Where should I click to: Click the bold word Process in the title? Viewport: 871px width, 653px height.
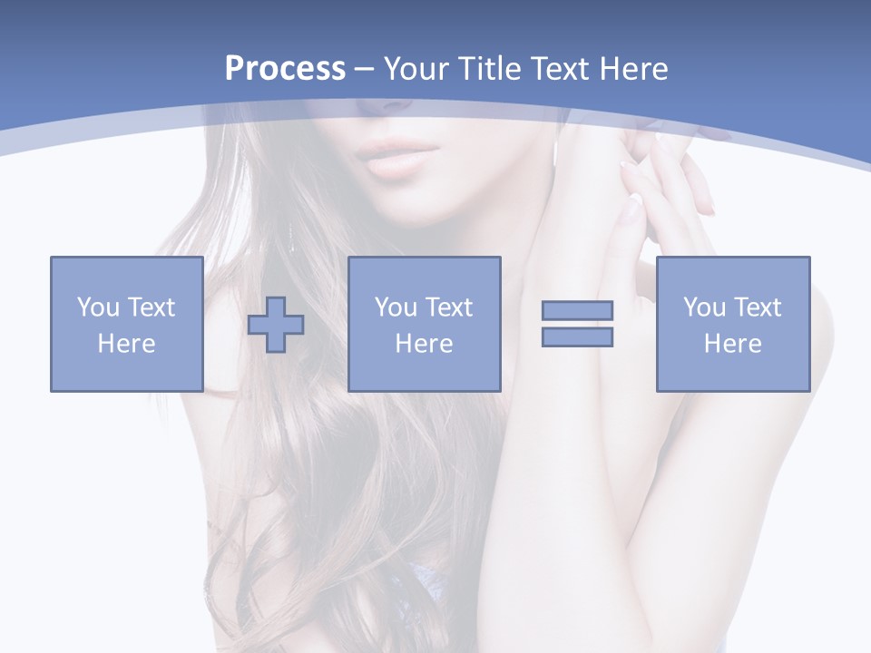[285, 69]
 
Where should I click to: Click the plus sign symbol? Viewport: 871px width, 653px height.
[276, 325]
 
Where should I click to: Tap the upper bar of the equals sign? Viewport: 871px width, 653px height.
[577, 311]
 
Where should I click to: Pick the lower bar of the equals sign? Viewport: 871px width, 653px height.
[577, 337]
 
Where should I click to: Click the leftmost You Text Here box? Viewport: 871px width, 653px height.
[126, 324]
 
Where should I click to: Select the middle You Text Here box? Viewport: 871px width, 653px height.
[424, 324]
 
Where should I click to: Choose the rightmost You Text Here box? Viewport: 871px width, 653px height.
[732, 324]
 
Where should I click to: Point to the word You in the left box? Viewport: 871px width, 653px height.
[98, 307]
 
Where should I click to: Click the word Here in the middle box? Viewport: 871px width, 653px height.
[424, 344]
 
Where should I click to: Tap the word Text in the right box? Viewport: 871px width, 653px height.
[758, 307]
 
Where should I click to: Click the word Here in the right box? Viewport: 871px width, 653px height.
[732, 344]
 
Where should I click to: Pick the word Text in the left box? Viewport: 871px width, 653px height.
[152, 307]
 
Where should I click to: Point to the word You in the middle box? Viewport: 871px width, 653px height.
[396, 307]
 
